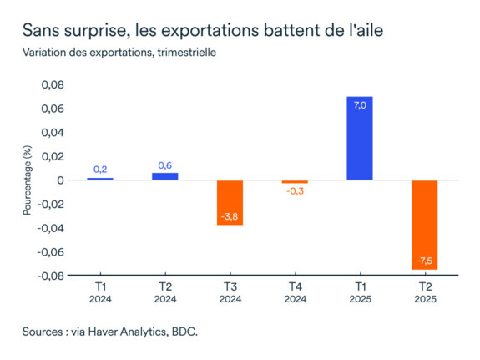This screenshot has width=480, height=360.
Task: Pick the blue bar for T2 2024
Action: (x=165, y=175)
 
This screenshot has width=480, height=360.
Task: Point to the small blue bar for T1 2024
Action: (x=100, y=179)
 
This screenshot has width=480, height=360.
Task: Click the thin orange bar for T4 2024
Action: (x=295, y=182)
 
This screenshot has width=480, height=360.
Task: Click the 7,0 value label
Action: (x=359, y=106)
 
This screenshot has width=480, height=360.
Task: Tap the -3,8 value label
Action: (x=230, y=217)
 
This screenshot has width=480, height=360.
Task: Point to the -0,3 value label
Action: (x=295, y=191)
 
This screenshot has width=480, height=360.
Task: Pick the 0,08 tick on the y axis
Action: (x=52, y=84)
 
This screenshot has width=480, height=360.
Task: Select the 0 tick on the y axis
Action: (x=60, y=180)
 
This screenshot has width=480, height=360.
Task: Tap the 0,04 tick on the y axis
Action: (x=52, y=133)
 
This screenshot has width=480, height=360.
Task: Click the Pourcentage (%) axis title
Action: (x=27, y=180)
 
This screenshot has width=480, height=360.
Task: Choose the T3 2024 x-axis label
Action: (x=230, y=292)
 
